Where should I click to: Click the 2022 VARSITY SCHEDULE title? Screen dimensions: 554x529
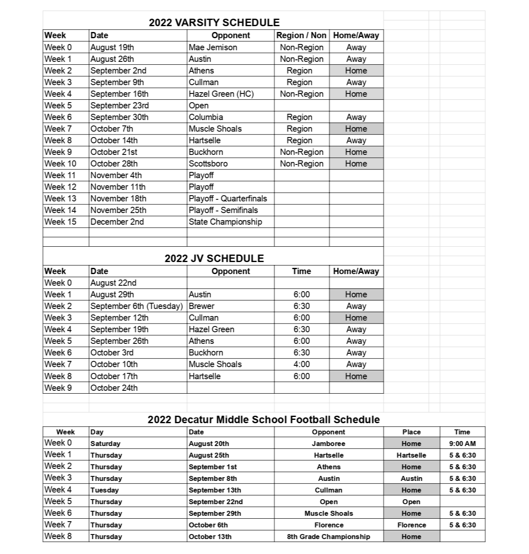tap(214, 22)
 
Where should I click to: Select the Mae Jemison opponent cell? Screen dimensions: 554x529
tap(213, 47)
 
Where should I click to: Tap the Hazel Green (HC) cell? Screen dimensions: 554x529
tap(221, 94)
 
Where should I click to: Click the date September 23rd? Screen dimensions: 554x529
tap(119, 105)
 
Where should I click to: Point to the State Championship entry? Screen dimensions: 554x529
tap(225, 222)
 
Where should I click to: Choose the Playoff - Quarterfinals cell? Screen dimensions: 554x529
tap(228, 199)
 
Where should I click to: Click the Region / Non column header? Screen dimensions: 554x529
tap(301, 35)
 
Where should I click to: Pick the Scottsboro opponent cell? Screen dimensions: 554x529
tap(208, 164)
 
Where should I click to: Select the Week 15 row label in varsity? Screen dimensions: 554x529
tap(60, 222)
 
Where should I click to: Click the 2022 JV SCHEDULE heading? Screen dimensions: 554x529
tap(214, 258)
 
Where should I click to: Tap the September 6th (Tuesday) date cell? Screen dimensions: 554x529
tap(137, 306)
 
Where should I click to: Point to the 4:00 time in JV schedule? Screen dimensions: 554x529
tap(302, 364)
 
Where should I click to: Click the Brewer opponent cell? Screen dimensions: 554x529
tap(202, 306)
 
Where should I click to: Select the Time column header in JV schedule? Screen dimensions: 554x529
tap(302, 271)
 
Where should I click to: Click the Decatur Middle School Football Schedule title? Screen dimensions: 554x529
tap(263, 419)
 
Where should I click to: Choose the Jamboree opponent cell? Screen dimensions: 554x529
tap(329, 444)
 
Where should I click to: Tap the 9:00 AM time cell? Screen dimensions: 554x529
tap(462, 444)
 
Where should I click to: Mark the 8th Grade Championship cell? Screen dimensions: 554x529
tap(329, 537)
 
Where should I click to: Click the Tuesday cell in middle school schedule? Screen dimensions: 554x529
tap(105, 490)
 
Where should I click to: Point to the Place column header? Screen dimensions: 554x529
tap(411, 432)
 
